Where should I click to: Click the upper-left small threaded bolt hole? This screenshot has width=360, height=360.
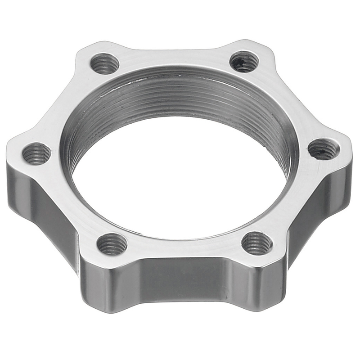point(104,63)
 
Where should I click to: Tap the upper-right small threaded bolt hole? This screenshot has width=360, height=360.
point(244,62)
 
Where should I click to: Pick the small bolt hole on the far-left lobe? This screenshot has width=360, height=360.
point(36,153)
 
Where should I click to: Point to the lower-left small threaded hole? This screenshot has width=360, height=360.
point(112,244)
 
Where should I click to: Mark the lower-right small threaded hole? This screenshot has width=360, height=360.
point(256,243)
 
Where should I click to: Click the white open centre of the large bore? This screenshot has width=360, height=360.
point(180,175)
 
